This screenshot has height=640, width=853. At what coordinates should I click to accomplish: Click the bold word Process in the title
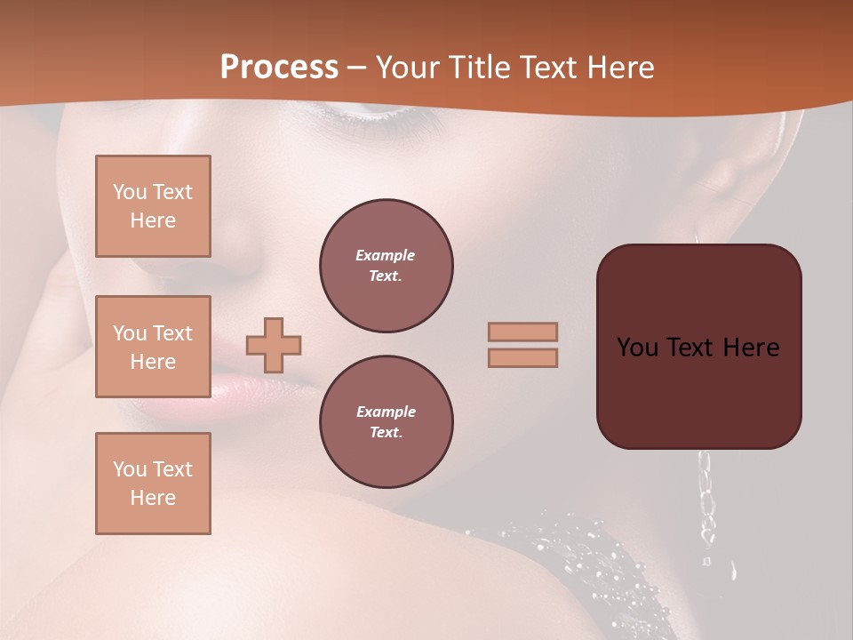[x=279, y=68]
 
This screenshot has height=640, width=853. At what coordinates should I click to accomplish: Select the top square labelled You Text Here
[x=153, y=206]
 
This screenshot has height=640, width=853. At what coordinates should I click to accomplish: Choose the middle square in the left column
[x=153, y=347]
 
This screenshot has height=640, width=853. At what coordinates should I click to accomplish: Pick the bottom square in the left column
[x=153, y=484]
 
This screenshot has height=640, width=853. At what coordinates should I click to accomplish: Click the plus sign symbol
[x=274, y=345]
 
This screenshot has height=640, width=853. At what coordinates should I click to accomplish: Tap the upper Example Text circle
[x=386, y=266]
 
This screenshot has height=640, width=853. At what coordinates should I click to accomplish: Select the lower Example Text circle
[x=386, y=422]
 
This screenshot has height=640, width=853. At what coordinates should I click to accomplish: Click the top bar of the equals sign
[x=522, y=332]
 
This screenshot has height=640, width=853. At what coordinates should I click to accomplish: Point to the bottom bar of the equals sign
[x=522, y=357]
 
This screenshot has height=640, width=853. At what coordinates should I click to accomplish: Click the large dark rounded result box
[x=698, y=391]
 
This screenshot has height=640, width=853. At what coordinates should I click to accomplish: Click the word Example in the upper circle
[x=385, y=255]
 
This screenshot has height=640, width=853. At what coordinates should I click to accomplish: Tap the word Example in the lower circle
[x=386, y=412]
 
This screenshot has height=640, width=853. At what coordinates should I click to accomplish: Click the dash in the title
[x=356, y=68]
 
